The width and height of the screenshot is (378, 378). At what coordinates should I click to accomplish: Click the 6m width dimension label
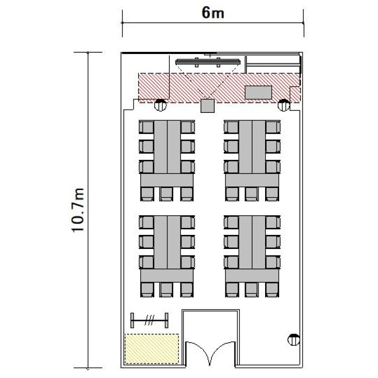pos(213,13)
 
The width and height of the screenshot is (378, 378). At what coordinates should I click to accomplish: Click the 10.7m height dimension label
pos(78,210)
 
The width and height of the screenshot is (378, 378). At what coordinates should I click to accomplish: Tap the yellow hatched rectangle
pos(152,348)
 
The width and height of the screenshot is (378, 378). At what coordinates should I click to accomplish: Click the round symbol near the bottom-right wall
pos(294,340)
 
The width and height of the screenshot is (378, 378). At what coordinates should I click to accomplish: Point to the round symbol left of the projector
pos(160,105)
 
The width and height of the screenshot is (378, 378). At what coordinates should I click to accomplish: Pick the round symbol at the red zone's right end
pos(284,105)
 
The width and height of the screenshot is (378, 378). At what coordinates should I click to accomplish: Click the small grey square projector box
pos(208,106)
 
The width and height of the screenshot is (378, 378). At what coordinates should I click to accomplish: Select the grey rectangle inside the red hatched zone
pos(259,92)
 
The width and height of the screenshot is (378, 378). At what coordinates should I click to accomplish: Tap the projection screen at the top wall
pos(208,62)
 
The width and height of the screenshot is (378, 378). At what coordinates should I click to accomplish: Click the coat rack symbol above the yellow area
pos(150,321)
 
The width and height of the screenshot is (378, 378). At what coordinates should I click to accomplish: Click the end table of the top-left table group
pos(167,180)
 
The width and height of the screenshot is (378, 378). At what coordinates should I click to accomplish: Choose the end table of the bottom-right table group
pos(252,276)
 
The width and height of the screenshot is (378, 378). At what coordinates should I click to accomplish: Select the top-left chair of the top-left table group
pos(147,127)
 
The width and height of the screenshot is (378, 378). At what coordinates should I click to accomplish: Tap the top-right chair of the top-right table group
pos(273,127)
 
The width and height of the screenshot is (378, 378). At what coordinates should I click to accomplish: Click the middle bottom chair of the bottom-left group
pos(166,290)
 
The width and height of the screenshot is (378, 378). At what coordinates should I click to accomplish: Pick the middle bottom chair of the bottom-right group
pos(251,290)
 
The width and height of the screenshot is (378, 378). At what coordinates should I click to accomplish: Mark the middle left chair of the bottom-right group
pos(231,242)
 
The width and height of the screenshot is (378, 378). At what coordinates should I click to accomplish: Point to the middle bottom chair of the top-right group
pos(251,194)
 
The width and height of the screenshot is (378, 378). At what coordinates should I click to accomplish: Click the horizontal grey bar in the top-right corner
pos(273,65)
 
